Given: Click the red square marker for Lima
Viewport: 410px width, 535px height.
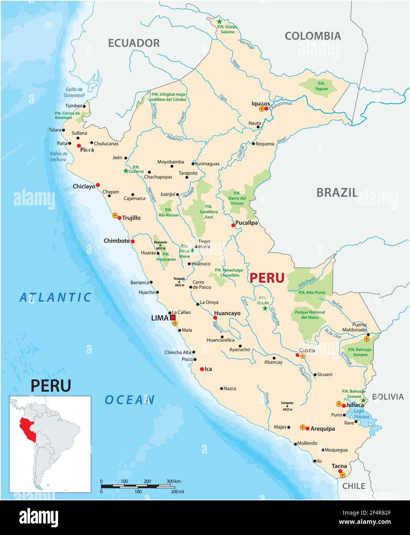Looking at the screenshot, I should (x=173, y=318).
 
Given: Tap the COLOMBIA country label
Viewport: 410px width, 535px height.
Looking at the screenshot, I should (x=313, y=36).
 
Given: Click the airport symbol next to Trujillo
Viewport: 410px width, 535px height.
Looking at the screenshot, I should (x=115, y=216).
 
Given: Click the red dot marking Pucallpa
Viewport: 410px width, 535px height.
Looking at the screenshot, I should (x=233, y=225).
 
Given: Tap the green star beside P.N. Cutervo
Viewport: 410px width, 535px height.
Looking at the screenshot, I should (x=126, y=171).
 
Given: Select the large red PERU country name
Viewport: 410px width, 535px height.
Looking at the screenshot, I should (x=267, y=278).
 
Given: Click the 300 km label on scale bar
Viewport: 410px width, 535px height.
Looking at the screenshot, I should (x=173, y=481).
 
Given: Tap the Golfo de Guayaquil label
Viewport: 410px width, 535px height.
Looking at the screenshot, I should (x=74, y=92).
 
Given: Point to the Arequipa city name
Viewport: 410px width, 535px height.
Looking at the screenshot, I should (x=322, y=428).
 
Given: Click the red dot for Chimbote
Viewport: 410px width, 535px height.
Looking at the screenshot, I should (x=133, y=241).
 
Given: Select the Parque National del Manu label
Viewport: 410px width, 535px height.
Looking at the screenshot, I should (x=310, y=315).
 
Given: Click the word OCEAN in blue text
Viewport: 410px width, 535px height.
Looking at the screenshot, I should (x=130, y=400).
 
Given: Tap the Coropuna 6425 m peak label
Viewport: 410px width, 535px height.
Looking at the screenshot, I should (x=287, y=406).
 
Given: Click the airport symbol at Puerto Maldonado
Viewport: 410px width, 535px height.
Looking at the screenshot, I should (x=366, y=339).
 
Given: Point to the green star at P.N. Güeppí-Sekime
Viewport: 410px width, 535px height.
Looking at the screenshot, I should (x=219, y=22).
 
